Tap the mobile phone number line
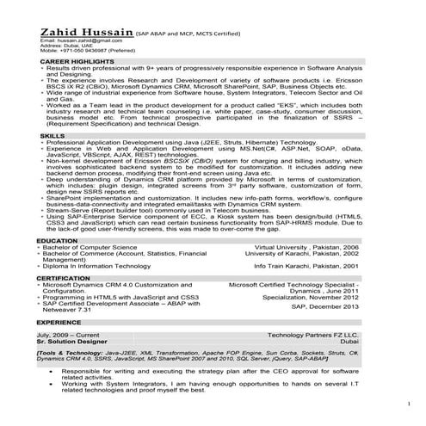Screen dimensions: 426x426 coord(78,51)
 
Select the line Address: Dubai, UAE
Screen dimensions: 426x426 coord(65,46)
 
